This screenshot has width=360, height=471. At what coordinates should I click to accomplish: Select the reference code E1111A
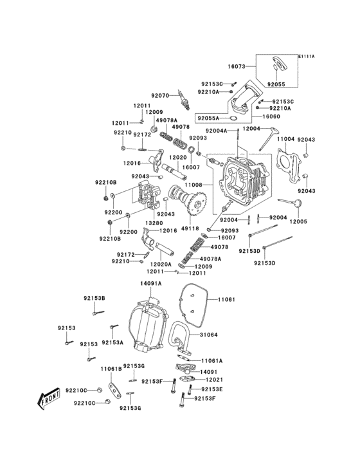(306, 57)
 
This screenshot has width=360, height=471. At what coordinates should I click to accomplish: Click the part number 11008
(194, 185)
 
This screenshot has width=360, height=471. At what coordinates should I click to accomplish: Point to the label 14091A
(150, 283)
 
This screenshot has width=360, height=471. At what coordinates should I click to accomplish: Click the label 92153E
(212, 389)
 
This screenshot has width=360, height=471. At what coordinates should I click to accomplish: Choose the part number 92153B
(94, 298)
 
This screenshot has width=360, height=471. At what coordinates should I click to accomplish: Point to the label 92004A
(217, 131)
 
